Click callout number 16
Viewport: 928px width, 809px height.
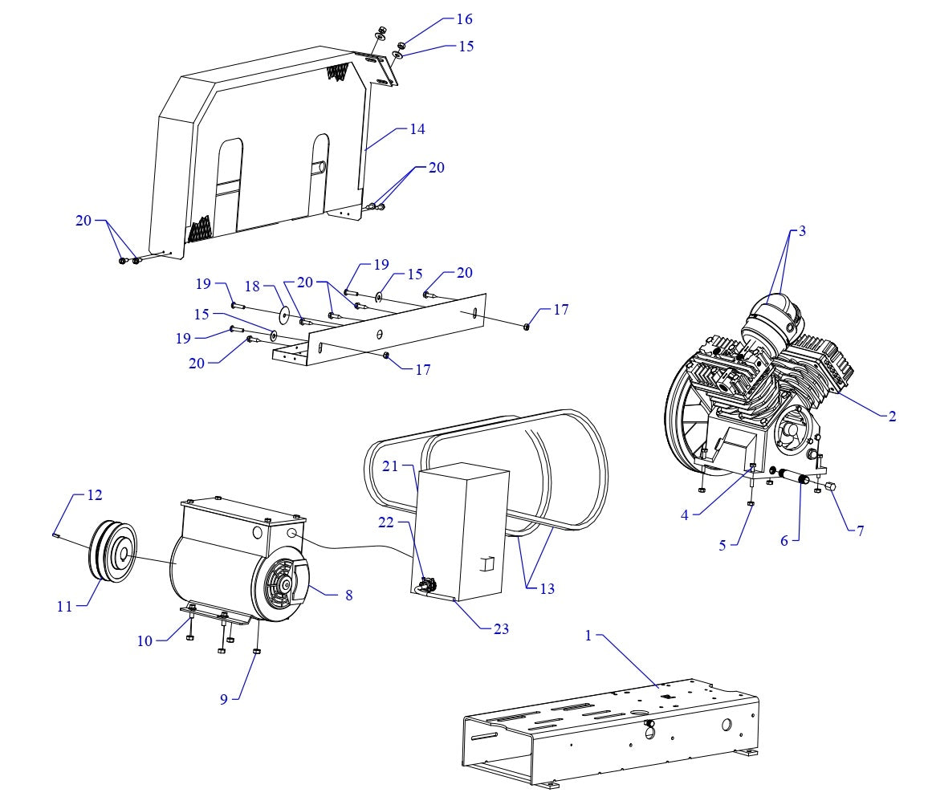click(465, 19)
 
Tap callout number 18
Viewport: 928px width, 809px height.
click(253, 287)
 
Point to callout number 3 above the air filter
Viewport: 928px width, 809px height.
click(801, 231)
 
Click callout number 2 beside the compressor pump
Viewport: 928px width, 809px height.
click(892, 417)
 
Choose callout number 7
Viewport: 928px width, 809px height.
click(860, 531)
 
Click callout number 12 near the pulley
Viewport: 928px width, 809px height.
click(95, 495)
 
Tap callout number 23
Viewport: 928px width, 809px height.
click(501, 629)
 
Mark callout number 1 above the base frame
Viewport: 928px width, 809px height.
click(588, 636)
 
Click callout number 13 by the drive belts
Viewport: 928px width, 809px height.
click(547, 589)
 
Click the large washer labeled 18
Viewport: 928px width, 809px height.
click(284, 310)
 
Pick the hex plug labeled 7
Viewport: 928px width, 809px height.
click(830, 488)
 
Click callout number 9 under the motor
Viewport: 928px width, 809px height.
click(225, 699)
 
